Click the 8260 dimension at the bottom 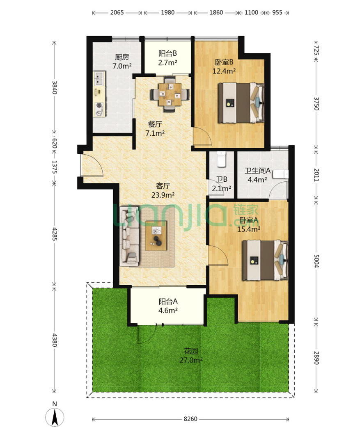click(190, 419)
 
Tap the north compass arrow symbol click(55, 417)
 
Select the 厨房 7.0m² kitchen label click(122, 62)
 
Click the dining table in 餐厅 click(170, 94)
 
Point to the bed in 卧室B click(241, 103)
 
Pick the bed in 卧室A click(265, 260)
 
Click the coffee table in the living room click(156, 235)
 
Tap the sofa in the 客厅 click(129, 236)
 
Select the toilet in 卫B click(221, 159)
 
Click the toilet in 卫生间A click(280, 174)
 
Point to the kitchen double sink click(99, 78)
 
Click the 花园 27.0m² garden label click(191, 356)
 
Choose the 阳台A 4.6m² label click(168, 306)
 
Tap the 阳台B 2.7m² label click(167, 58)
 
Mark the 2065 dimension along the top click(117, 12)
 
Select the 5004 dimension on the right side click(316, 260)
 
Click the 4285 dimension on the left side click(55, 234)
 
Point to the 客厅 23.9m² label click(163, 190)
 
